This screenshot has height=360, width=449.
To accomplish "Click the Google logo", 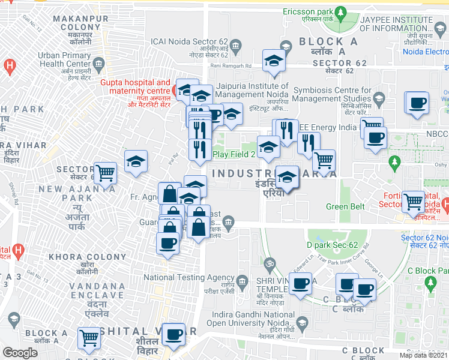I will [20, 353].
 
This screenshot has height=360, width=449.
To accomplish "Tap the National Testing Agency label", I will [188, 277].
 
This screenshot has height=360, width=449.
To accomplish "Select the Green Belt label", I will [345, 206].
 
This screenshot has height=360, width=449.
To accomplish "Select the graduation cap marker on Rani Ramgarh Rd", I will [274, 60].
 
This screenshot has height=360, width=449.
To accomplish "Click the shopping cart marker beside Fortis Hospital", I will [413, 202].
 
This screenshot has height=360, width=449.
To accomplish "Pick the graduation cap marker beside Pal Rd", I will [136, 161].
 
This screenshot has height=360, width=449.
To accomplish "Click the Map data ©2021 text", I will [424, 355].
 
